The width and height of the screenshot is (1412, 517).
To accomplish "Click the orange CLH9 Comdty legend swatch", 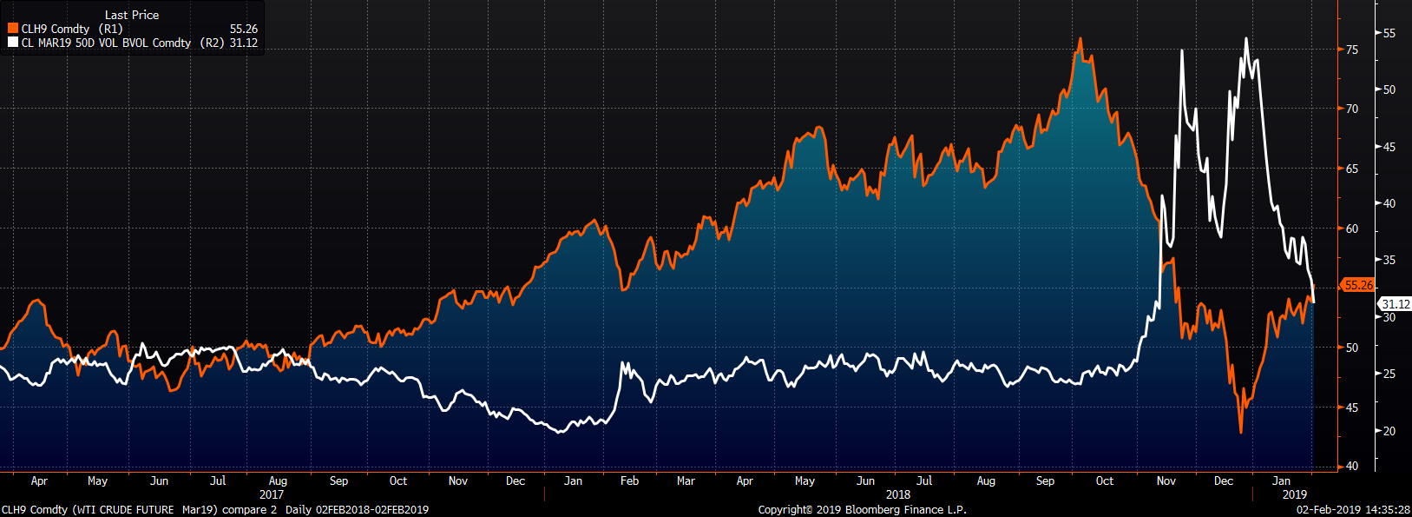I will pyautogui.click(x=13, y=29).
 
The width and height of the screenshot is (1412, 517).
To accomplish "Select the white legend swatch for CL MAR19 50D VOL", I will pyautogui.click(x=13, y=43).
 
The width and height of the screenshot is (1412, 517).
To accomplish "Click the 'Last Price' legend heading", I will pyautogui.click(x=132, y=15).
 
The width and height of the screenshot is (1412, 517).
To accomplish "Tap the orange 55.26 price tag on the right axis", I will pyautogui.click(x=1359, y=285).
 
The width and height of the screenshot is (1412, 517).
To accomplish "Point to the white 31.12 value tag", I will pyautogui.click(x=1396, y=304).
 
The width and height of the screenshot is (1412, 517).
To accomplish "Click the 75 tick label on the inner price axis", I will pyautogui.click(x=1352, y=50).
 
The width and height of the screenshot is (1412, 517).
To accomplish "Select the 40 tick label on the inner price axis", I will pyautogui.click(x=1352, y=467).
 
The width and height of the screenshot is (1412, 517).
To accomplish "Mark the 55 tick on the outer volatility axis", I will pyautogui.click(x=1389, y=33).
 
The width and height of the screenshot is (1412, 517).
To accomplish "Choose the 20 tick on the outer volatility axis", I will pyautogui.click(x=1389, y=431).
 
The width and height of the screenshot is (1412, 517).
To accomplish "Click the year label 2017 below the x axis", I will pyautogui.click(x=272, y=494).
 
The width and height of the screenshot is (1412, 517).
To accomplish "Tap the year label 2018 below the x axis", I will pyautogui.click(x=898, y=494).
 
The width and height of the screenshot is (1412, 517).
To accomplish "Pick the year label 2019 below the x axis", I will pyautogui.click(x=1294, y=494).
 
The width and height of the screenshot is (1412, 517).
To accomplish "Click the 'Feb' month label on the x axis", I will pyautogui.click(x=629, y=481).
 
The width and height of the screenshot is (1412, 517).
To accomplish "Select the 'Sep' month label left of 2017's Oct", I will pyautogui.click(x=338, y=481).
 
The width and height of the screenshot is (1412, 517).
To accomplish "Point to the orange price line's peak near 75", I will pyautogui.click(x=1080, y=39).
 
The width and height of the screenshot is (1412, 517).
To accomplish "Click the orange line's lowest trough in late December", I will pyautogui.click(x=1241, y=432).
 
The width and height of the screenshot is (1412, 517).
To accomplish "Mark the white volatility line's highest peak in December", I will pyautogui.click(x=1246, y=38).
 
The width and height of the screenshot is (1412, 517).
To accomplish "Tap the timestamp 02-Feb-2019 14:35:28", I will pyautogui.click(x=1353, y=510).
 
